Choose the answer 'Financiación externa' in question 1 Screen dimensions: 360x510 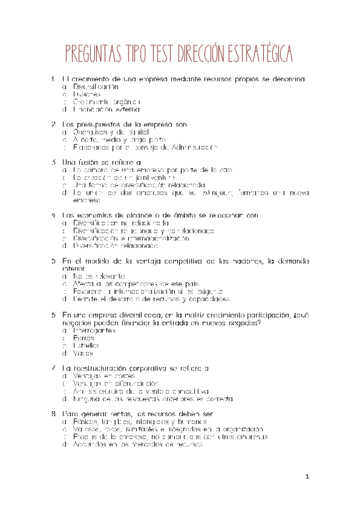[106, 109]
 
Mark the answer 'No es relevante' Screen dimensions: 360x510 [96, 275]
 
